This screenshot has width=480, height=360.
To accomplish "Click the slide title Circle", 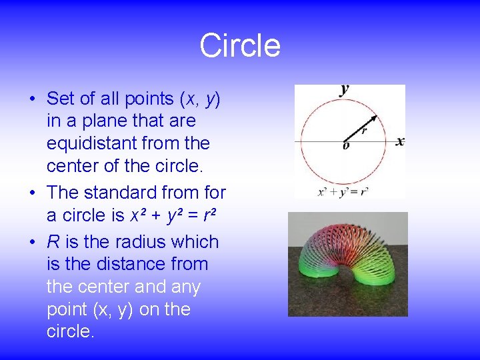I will click(x=240, y=46).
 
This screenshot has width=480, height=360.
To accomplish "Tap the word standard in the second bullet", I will click(x=117, y=193).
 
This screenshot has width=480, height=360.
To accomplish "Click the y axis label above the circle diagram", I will click(x=345, y=90).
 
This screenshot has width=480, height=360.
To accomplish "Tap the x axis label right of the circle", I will click(x=399, y=141).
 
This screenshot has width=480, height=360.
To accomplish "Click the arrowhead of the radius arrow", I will click(x=374, y=118).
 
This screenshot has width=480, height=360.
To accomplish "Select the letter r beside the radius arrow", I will click(x=364, y=131).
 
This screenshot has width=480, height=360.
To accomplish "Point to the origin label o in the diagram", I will click(x=345, y=146).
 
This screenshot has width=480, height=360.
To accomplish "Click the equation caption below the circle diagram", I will click(x=343, y=191).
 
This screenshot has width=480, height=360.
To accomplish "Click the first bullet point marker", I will click(x=32, y=99).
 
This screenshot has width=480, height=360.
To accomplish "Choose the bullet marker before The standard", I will click(x=32, y=193).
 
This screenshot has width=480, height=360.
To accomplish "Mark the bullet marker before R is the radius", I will click(x=32, y=243).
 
